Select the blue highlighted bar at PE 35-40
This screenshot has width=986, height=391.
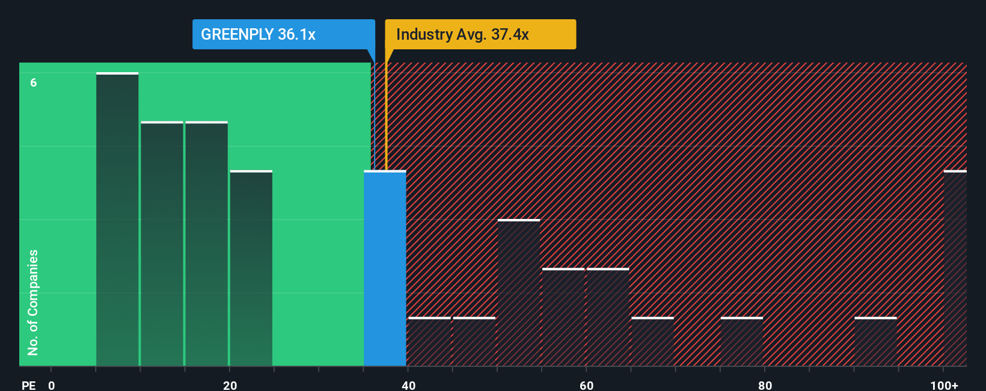click(385, 269)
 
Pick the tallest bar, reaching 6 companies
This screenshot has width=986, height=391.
click(117, 220)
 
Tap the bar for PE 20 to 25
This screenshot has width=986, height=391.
click(251, 269)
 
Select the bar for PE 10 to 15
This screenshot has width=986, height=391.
click(162, 244)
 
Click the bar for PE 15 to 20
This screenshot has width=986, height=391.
click(206, 244)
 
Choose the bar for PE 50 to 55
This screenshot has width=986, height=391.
click(518, 293)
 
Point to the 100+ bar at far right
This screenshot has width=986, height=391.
click(955, 269)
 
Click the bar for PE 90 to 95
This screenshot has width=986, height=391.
click(875, 342)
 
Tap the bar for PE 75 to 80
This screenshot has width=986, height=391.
click(741, 342)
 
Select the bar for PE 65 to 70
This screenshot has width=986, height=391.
click(652, 342)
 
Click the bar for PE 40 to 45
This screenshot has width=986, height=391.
click(429, 342)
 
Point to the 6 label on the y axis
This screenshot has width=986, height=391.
click(34, 82)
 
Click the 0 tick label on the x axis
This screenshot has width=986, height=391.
click(52, 385)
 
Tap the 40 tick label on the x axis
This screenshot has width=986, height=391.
click(408, 385)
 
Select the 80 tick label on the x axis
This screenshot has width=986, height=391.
click(765, 385)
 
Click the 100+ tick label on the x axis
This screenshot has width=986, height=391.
click(944, 385)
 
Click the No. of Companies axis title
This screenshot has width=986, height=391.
click(33, 302)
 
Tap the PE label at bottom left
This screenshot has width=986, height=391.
click(28, 385)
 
